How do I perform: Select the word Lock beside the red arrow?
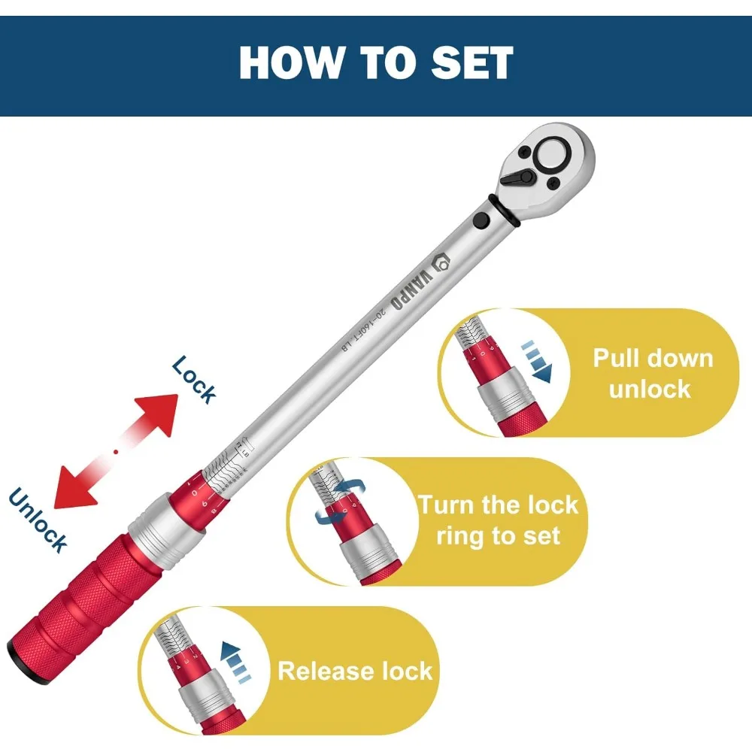(194, 380)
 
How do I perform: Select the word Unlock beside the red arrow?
(38, 520)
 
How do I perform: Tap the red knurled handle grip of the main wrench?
(83, 591)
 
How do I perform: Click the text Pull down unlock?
(652, 372)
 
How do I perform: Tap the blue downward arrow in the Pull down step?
(538, 360)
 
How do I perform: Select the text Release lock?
(355, 671)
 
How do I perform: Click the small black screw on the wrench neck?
(481, 220)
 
